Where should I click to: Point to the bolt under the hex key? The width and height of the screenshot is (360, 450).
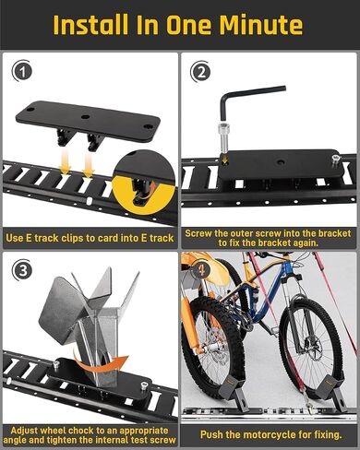click(x=222, y=147)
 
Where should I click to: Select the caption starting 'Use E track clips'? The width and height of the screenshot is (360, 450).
click(x=90, y=238)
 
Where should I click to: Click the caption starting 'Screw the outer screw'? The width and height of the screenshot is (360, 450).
click(x=270, y=237)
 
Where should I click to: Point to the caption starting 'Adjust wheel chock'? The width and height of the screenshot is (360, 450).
click(x=90, y=432)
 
